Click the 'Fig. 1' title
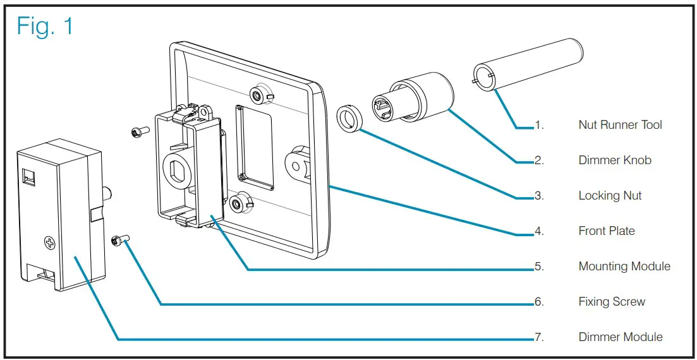[x=45, y=26]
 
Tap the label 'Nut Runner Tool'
[x=620, y=125]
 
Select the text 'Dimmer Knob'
[x=614, y=160]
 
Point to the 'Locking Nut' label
[x=610, y=196]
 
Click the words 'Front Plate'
[x=606, y=231]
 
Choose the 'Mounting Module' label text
[x=624, y=267]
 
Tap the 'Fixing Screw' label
[x=612, y=302]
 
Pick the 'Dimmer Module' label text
[x=620, y=337]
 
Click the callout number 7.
[x=539, y=337]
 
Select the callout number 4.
[x=539, y=231]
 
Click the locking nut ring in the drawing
[x=348, y=119]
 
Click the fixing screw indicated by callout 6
[x=119, y=240]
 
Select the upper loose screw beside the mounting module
[x=138, y=131]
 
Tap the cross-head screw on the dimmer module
[x=48, y=242]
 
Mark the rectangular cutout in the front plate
[x=254, y=147]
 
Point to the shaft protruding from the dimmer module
[x=107, y=193]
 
